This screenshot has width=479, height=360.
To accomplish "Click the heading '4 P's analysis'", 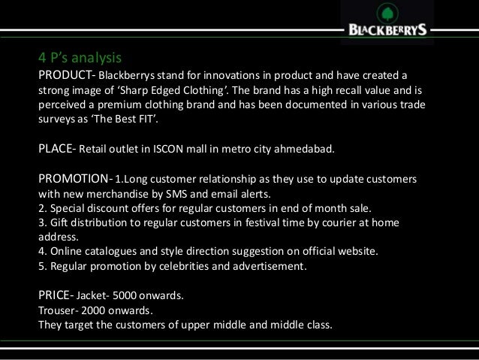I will click(x=80, y=57).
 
